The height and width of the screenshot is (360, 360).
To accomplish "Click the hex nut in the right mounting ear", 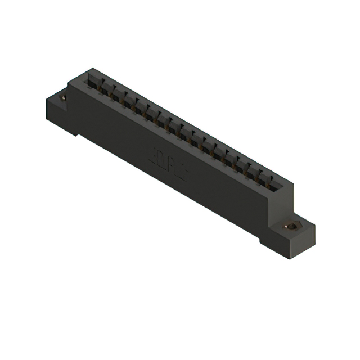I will click(x=291, y=227).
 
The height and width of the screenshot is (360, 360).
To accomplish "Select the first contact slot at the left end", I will click(x=91, y=83).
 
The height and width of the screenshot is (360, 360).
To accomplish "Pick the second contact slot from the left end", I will click(x=102, y=89).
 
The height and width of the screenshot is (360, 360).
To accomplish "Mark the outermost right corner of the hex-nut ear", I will click(x=315, y=224).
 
